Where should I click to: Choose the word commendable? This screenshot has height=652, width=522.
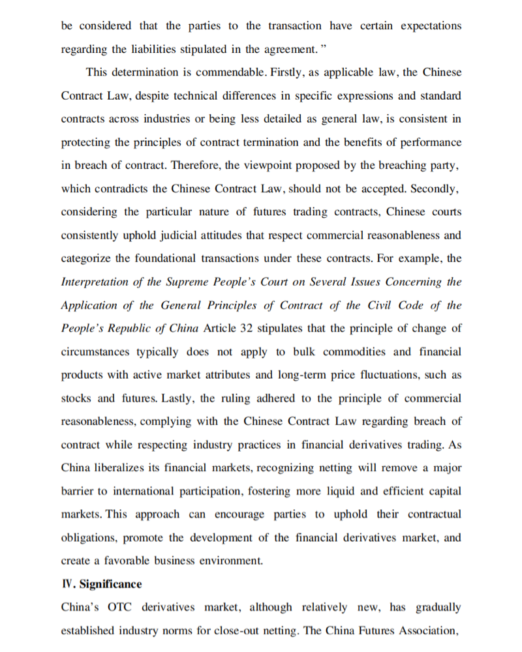pos(219,72)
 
